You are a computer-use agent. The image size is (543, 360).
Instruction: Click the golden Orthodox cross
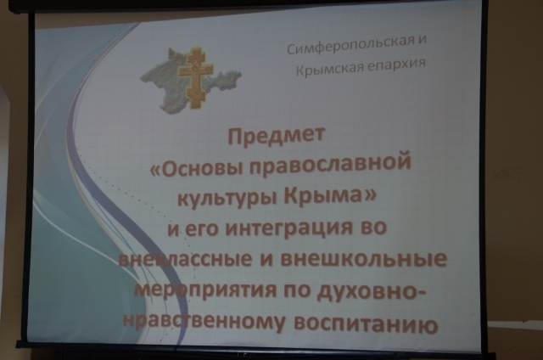[194, 79]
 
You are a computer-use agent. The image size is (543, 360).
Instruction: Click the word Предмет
[277, 136]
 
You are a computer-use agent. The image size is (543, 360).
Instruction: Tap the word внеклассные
[185, 259]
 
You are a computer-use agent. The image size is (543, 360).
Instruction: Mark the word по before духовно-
[297, 291]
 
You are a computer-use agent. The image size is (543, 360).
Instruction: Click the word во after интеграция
[372, 228]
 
